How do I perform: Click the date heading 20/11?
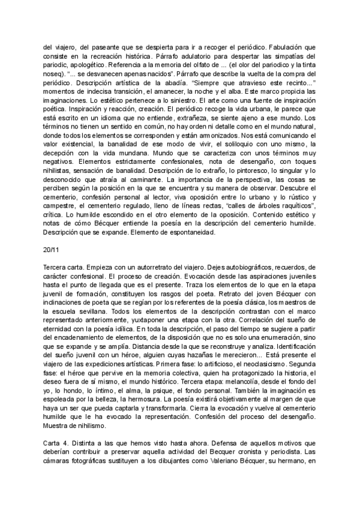pyautogui.click(x=52, y=248)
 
